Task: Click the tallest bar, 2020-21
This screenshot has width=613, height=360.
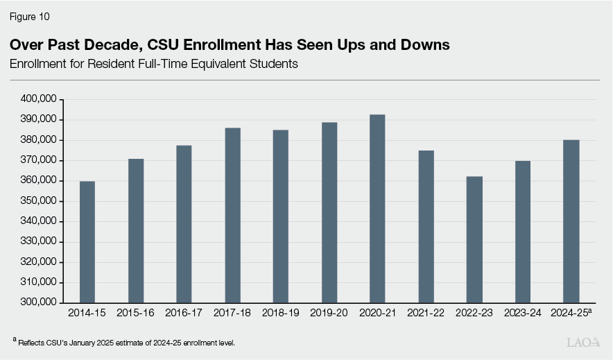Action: point(377,208)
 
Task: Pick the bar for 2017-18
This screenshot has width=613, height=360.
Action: point(232,215)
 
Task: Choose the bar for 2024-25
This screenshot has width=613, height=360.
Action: point(571,221)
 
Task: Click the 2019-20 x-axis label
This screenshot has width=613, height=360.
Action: point(329,314)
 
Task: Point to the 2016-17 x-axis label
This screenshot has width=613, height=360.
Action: point(184,314)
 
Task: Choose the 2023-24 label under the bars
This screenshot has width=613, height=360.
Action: point(522,314)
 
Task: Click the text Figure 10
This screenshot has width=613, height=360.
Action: point(30,16)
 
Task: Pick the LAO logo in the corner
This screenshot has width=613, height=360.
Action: point(584,342)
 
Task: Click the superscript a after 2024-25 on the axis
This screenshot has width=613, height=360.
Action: point(589,311)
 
